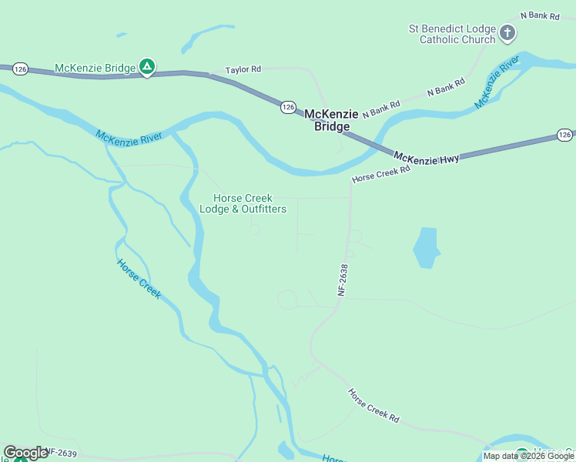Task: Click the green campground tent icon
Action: pos(146,68)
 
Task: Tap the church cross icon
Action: pos(507,33)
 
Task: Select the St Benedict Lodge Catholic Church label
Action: pos(451,34)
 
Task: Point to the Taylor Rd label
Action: pos(243,69)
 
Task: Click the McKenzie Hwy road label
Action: pos(427,157)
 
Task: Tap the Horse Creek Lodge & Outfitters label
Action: pos(243,204)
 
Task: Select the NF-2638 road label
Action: pos(343,280)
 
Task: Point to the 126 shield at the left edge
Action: pos(20,69)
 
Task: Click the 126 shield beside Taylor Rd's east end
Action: pos(287,107)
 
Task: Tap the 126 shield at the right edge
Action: pos(564,136)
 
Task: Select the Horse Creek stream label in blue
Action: pos(139,279)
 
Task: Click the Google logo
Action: pos(25,453)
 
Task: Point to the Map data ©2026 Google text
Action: pos(528,456)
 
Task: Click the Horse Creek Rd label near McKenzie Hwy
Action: pos(381,175)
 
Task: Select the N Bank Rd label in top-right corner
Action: pos(540,15)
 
